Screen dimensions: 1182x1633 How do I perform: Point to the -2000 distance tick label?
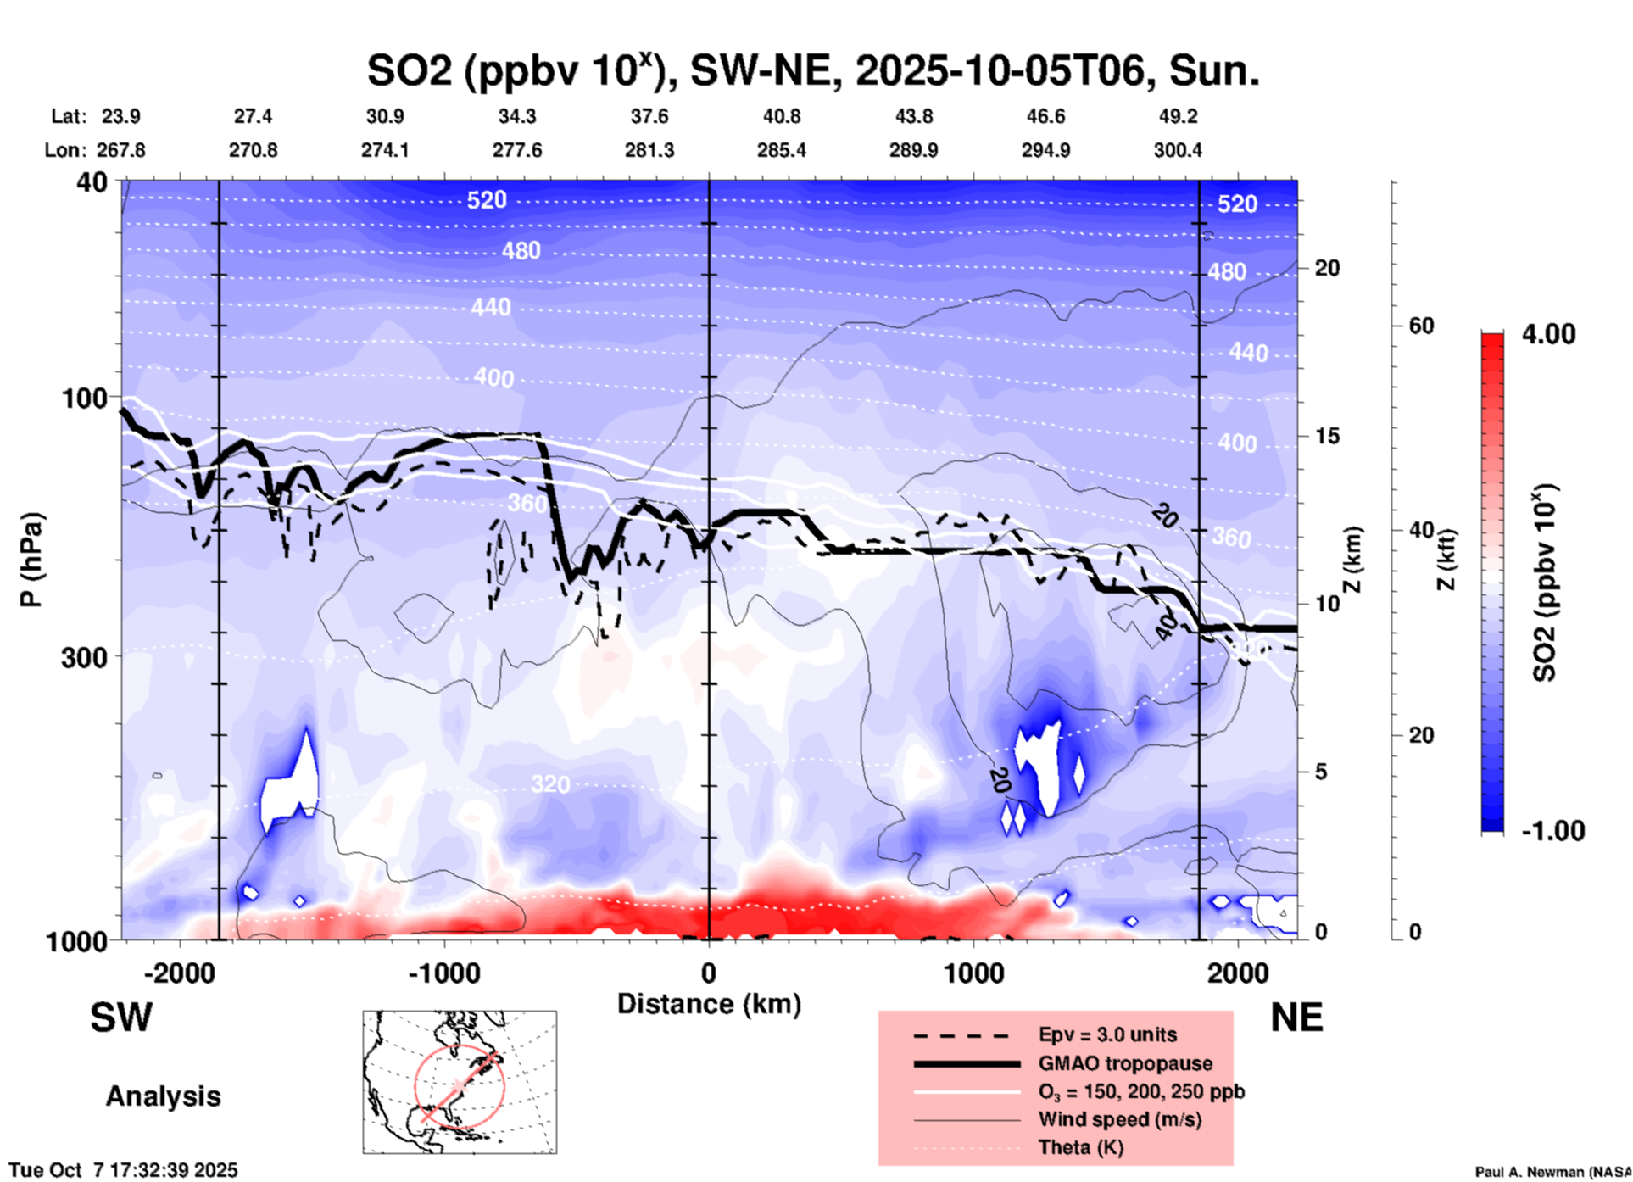[x=179, y=973]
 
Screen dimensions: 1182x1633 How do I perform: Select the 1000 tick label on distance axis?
[x=973, y=973]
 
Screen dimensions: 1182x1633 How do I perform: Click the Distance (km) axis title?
[x=709, y=1004]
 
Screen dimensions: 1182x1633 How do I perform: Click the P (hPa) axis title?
[x=31, y=560]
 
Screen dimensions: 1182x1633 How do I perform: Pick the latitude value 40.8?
[x=781, y=116]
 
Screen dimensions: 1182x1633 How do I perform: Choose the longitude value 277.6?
[x=517, y=150]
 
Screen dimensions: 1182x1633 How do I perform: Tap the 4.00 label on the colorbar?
[x=1548, y=334]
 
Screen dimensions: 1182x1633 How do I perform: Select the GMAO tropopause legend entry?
[x=1125, y=1063]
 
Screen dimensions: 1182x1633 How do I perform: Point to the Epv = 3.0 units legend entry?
[x=1107, y=1034]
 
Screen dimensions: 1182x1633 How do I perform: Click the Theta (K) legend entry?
[x=1080, y=1147]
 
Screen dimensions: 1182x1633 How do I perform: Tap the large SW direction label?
[x=121, y=1018]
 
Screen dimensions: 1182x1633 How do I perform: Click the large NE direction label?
[x=1296, y=1018]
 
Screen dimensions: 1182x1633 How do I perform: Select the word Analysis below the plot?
[x=163, y=1096]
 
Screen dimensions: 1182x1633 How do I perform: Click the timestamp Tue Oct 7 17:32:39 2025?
[x=124, y=1170]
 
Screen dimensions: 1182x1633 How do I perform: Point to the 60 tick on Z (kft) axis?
[x=1420, y=326]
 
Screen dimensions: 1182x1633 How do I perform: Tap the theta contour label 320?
[x=550, y=784]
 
